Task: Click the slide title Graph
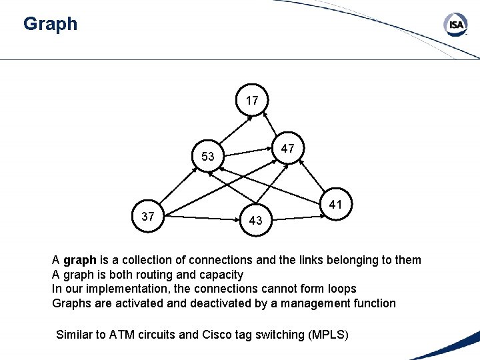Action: pos(50,25)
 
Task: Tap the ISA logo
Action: pos(456,26)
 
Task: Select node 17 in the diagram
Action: pos(252,101)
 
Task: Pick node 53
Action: pos(208,157)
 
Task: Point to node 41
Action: pos(336,205)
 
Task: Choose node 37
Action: pos(149,216)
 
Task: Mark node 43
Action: pos(255,221)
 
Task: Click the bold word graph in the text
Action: pos(80,260)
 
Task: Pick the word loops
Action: pos(342,289)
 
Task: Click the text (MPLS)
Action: pos(329,335)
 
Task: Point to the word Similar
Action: pos(75,335)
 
